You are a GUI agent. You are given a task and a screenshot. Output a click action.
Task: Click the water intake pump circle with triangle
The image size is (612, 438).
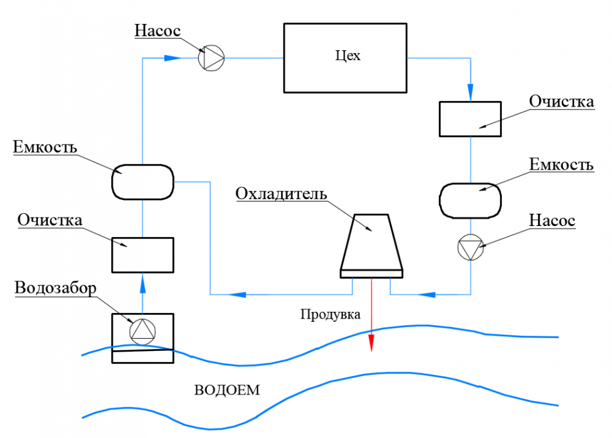[x=143, y=331]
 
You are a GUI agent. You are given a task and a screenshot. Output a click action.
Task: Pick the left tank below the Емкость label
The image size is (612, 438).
[x=143, y=182]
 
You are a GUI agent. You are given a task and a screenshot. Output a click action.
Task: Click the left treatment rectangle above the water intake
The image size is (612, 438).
[x=143, y=255]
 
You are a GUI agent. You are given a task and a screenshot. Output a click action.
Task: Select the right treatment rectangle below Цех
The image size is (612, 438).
[x=471, y=119]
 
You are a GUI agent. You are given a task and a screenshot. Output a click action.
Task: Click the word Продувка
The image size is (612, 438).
[x=330, y=315]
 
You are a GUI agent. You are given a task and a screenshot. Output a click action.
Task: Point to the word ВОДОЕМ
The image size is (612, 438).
[x=227, y=390]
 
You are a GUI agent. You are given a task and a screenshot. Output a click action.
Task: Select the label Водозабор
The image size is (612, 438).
[x=56, y=288]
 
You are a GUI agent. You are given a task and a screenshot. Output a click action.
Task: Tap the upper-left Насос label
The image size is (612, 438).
[x=158, y=30]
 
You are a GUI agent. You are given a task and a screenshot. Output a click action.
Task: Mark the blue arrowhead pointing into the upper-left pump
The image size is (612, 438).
[x=173, y=58]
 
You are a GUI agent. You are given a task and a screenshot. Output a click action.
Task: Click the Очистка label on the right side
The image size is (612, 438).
[x=561, y=101]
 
